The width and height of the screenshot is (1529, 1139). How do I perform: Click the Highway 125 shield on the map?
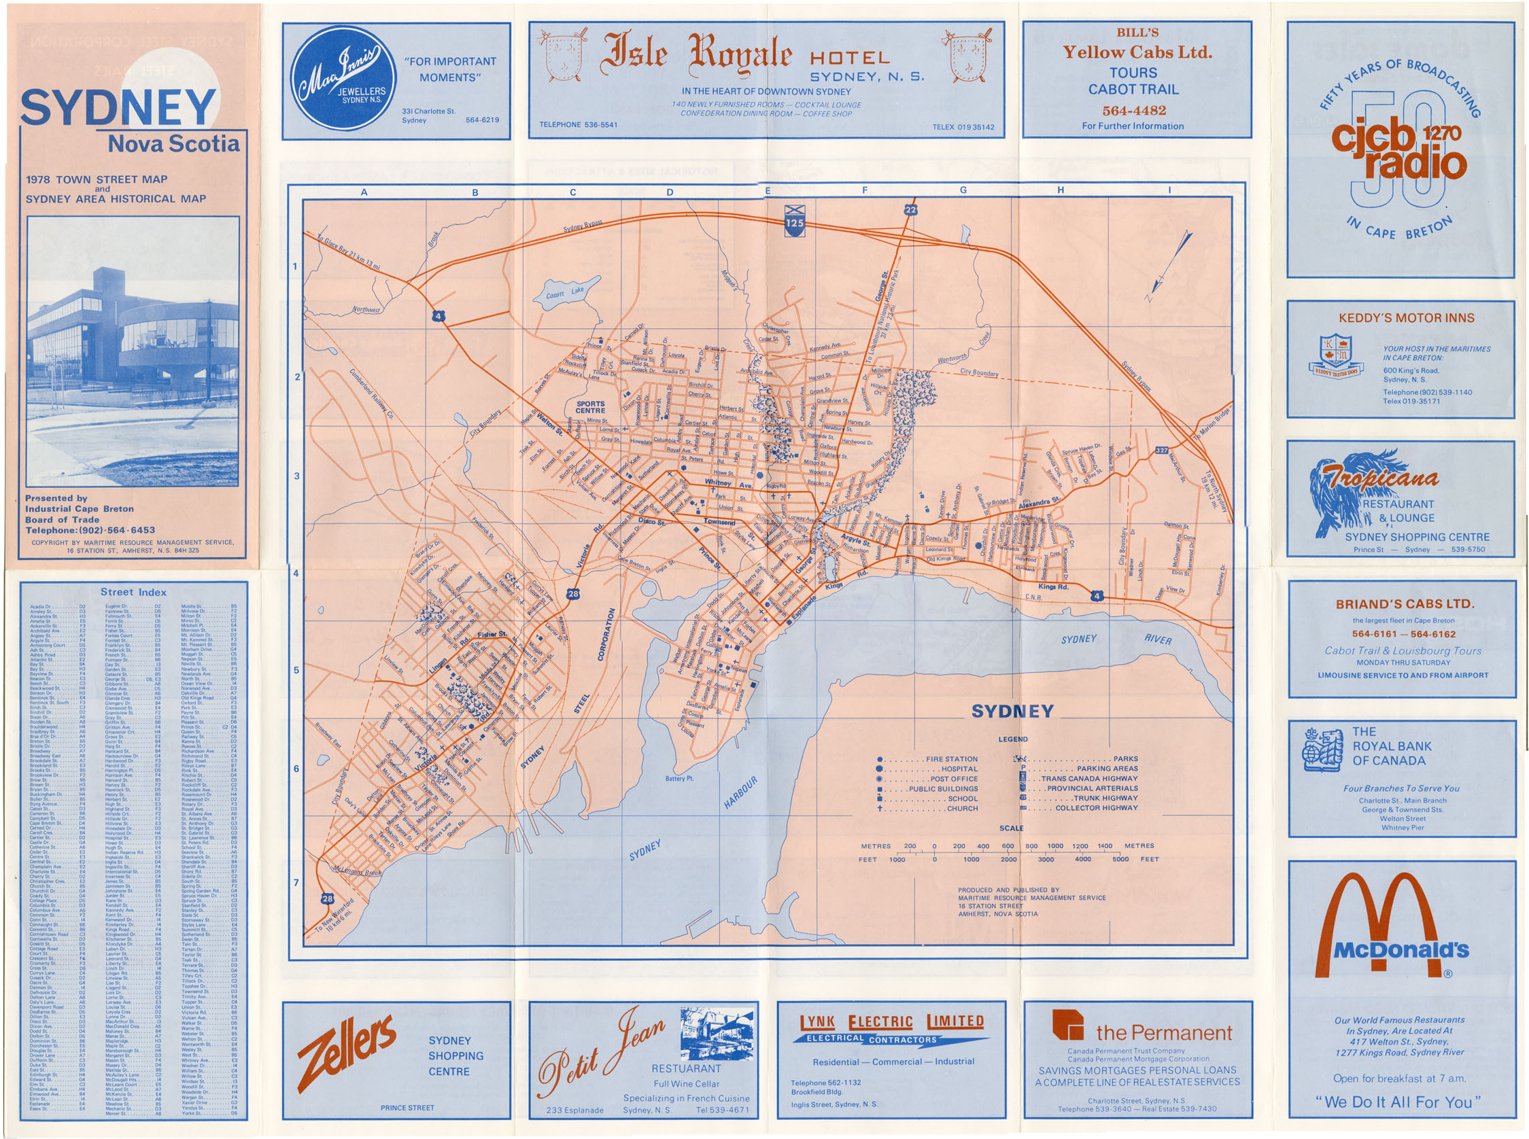click(x=795, y=221)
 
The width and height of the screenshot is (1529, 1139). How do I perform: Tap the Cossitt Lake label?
click(x=564, y=292)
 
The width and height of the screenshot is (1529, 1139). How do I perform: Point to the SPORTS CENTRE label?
click(x=590, y=407)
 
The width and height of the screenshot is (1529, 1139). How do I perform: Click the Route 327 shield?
click(x=1162, y=450)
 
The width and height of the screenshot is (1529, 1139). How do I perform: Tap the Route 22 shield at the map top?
click(x=910, y=209)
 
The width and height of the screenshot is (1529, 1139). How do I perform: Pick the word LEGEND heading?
click(x=1012, y=739)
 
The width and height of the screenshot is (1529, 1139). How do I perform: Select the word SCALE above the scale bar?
click(x=1011, y=828)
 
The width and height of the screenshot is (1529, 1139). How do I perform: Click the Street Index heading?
click(x=133, y=591)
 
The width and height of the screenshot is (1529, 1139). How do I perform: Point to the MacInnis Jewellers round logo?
click(x=343, y=79)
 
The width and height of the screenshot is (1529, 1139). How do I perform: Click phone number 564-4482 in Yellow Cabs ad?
click(x=1134, y=110)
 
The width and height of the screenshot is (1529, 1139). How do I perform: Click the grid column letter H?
click(x=1061, y=190)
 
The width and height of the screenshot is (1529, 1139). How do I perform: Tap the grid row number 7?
click(x=296, y=883)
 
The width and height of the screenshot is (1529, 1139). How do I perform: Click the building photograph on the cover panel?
click(x=133, y=351)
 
